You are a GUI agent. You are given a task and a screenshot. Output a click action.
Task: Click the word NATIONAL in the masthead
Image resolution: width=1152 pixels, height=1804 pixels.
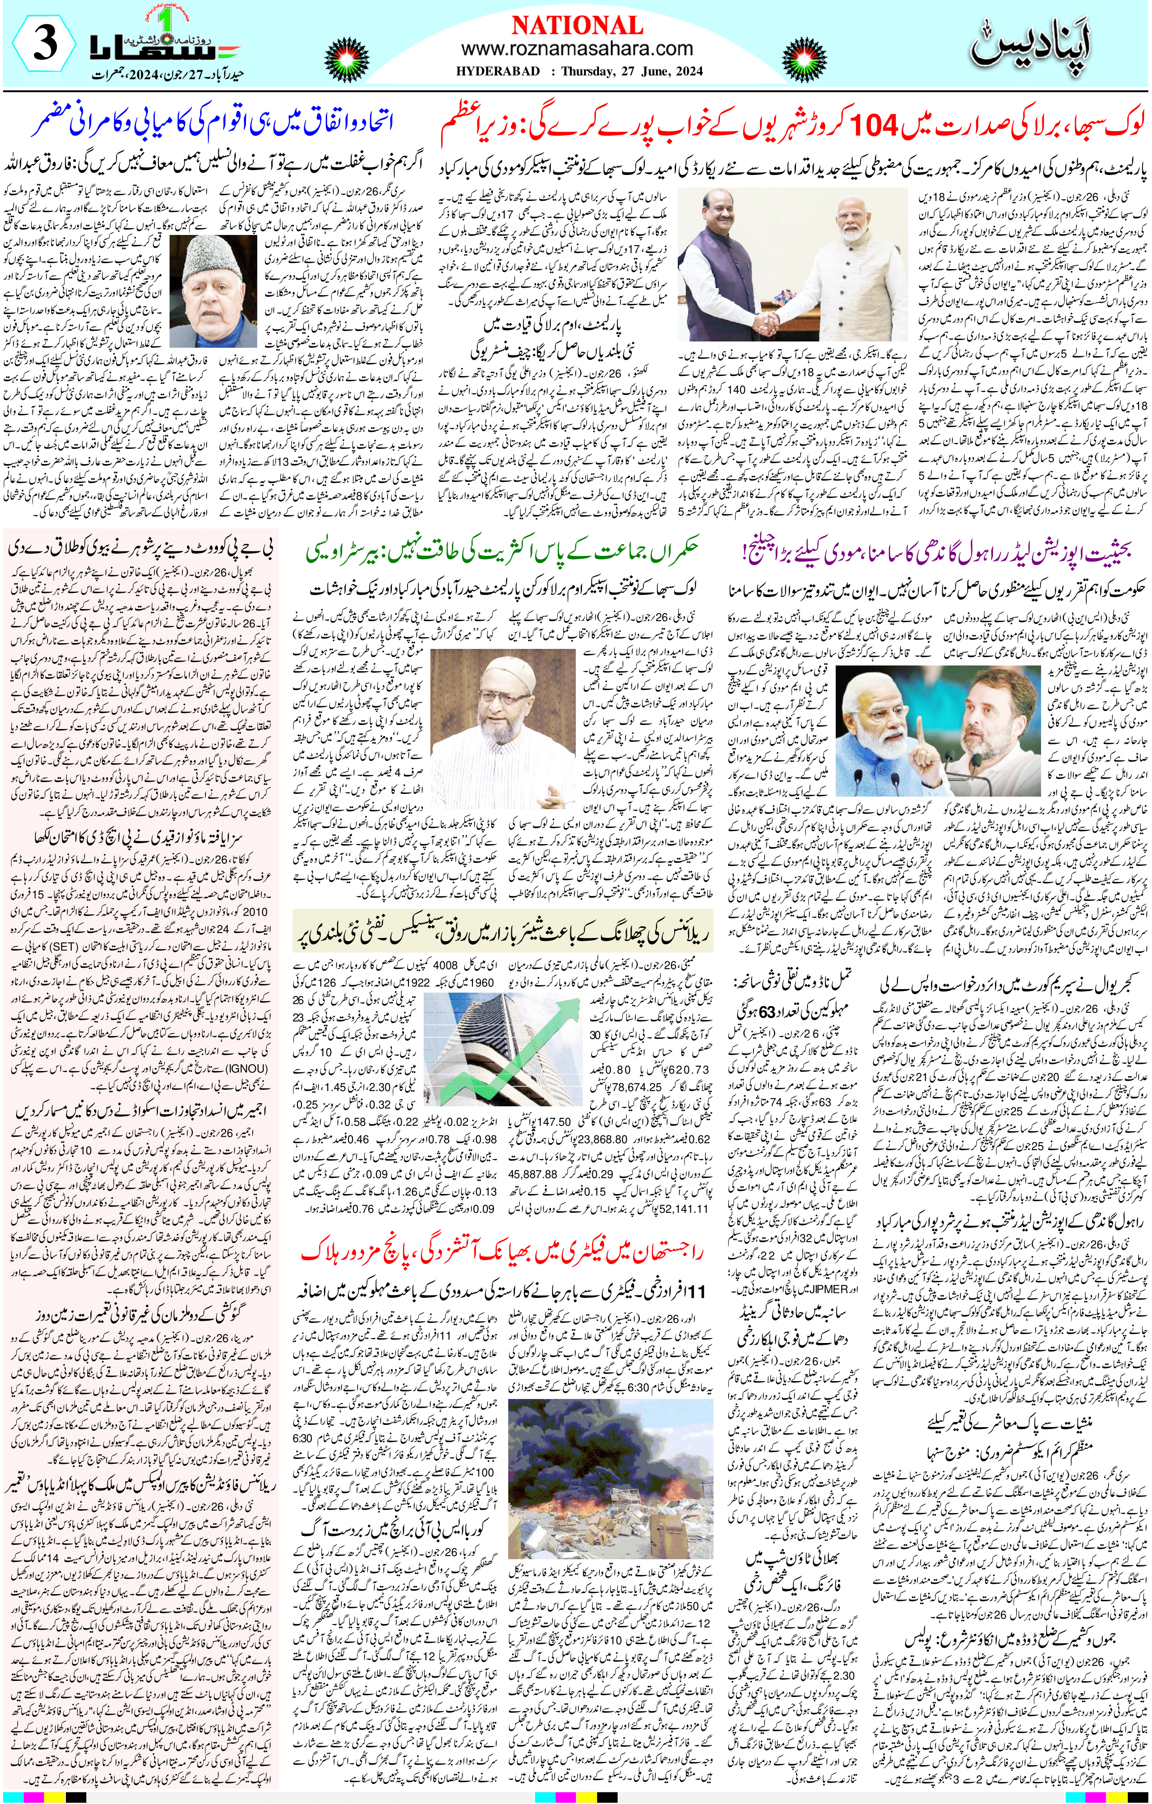[577, 26]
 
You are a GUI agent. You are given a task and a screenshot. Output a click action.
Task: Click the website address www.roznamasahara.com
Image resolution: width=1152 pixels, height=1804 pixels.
[577, 49]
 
